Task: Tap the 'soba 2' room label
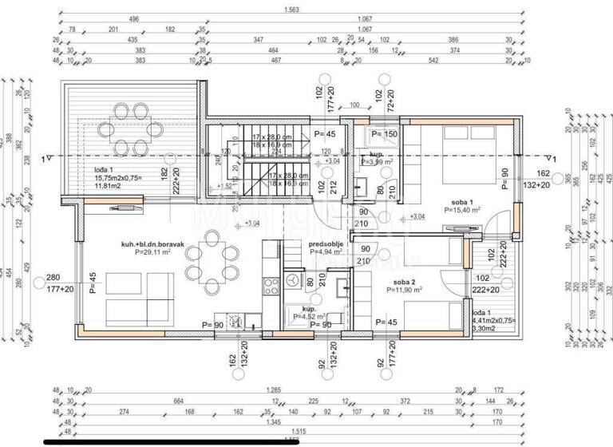tap(405, 282)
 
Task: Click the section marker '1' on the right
tap(553, 157)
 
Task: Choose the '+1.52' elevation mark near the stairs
tap(227, 187)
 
